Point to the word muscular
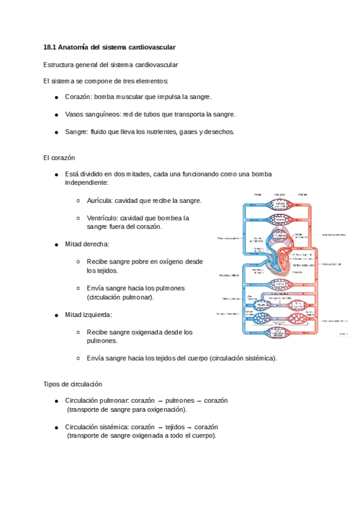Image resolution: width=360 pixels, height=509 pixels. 129,97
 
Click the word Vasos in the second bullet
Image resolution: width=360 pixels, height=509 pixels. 74,114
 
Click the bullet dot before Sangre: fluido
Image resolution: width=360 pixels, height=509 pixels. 56,132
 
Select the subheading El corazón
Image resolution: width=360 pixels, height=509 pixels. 59,158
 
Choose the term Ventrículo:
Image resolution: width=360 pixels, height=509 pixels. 103,218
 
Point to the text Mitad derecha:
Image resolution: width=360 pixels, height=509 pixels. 87,244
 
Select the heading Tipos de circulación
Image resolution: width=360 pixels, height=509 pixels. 73,384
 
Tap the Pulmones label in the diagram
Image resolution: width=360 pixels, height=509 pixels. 278,236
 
